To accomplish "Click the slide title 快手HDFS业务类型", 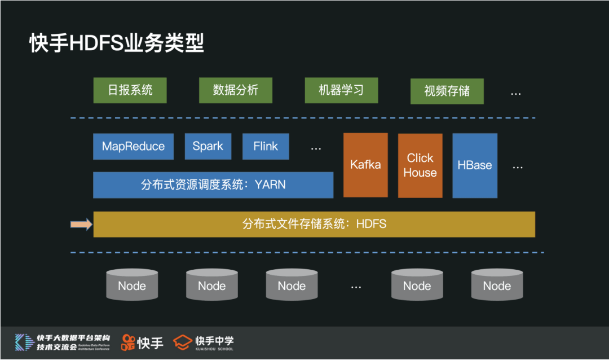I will (116, 43).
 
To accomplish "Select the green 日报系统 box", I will (130, 90).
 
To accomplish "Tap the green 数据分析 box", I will (236, 90).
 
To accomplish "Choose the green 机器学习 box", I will (341, 90).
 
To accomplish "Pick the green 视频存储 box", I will (447, 91).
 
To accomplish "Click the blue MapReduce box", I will (133, 147).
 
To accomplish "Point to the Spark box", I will (208, 147).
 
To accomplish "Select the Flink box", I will (266, 147).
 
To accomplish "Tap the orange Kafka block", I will (365, 165).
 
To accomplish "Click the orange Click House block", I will (420, 165).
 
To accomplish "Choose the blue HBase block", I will (475, 165).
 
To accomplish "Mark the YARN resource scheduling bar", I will (213, 185).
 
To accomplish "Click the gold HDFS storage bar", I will (314, 224).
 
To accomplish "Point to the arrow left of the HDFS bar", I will (81, 225).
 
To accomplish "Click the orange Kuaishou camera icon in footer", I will (129, 342).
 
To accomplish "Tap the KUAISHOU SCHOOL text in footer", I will (214, 349).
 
